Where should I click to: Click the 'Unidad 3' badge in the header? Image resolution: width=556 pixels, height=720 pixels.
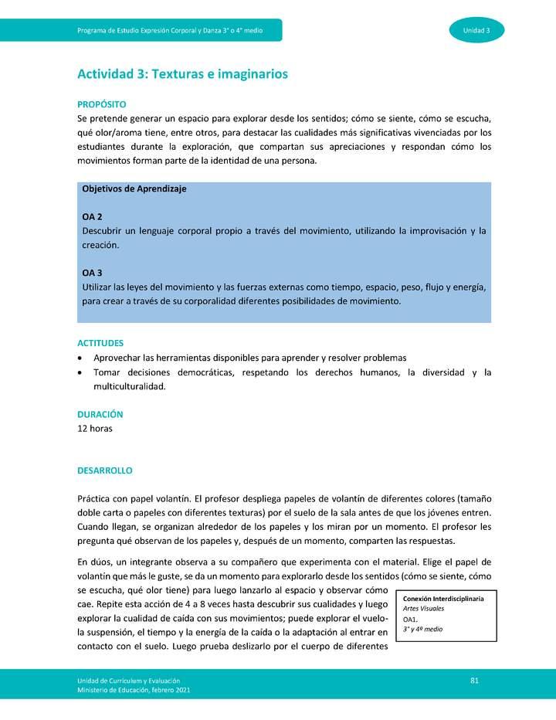[x=476, y=30]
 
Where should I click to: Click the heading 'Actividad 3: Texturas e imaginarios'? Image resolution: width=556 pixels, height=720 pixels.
[x=182, y=74]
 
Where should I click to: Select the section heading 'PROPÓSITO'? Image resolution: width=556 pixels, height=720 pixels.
[x=102, y=104]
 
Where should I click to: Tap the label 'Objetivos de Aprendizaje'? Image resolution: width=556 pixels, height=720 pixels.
[x=134, y=188]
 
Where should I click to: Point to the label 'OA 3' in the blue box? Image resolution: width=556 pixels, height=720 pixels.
[x=92, y=273]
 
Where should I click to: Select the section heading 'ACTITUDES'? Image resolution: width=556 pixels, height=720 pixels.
[x=100, y=343]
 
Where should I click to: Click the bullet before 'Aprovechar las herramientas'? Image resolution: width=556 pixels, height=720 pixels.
[x=82, y=358]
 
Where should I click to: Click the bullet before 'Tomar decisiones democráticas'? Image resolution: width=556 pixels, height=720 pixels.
[x=82, y=372]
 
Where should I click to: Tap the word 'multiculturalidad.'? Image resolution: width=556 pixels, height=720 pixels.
[x=129, y=386]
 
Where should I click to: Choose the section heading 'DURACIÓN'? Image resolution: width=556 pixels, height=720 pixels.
[x=100, y=415]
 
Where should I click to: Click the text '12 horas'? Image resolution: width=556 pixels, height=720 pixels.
[x=94, y=429]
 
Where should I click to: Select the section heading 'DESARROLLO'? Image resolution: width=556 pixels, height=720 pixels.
[x=104, y=470]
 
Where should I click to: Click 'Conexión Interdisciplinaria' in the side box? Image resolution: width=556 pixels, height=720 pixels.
[x=443, y=599]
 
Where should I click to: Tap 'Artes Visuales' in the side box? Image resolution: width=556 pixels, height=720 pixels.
[x=423, y=609]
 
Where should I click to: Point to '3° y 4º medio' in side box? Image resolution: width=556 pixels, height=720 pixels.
[x=422, y=630]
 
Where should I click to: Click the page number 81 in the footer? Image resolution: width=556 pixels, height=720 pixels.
[x=475, y=680]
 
